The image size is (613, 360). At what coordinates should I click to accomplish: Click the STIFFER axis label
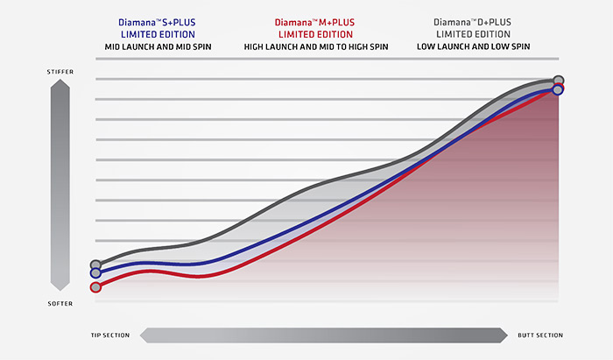(x=60, y=70)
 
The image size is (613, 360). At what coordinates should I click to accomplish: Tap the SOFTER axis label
(x=60, y=303)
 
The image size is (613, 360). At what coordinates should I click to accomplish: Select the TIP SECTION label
(x=110, y=335)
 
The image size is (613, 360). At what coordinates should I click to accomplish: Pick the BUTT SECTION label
(x=539, y=335)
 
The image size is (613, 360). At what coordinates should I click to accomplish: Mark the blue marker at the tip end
(x=95, y=273)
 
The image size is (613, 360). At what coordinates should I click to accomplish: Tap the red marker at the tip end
(x=95, y=286)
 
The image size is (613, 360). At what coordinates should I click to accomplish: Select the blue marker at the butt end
(x=558, y=89)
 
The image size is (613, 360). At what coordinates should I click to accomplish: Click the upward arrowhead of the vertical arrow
(x=60, y=84)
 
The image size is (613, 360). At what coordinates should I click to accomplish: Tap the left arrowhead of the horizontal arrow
(x=145, y=335)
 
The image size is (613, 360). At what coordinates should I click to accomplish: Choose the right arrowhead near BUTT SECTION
(x=503, y=335)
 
